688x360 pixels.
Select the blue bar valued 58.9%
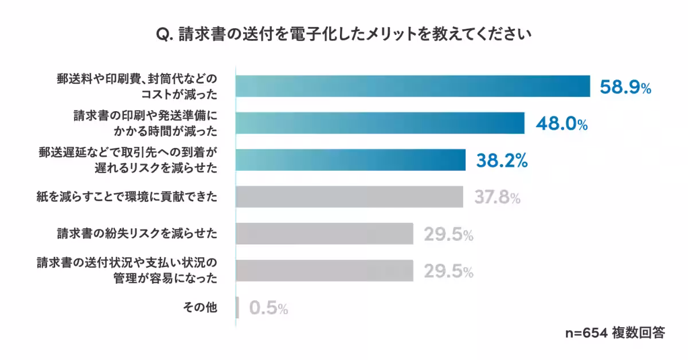(x=413, y=86)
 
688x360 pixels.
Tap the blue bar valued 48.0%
(x=380, y=123)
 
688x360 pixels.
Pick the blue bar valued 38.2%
(x=350, y=160)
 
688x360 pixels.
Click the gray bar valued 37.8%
(x=349, y=197)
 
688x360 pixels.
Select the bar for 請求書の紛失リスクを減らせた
(x=325, y=234)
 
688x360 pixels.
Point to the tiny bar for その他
(x=237, y=308)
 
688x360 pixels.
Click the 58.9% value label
(x=625, y=87)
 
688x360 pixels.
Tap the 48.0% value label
(x=561, y=124)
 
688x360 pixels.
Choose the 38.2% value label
(x=502, y=161)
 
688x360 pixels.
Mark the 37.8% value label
(x=497, y=198)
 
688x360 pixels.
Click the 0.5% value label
(x=268, y=309)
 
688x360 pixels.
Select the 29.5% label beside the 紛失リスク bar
(x=448, y=234)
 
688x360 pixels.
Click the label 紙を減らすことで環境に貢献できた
(x=127, y=197)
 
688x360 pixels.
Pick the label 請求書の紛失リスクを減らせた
(x=137, y=234)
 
